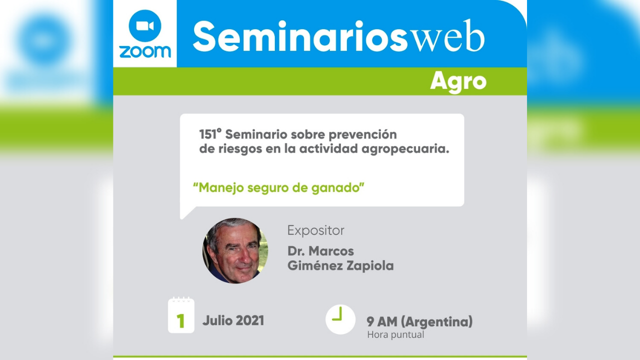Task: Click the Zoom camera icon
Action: pyautogui.click(x=145, y=25)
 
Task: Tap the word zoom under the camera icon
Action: pyautogui.click(x=145, y=51)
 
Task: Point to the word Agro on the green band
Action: pyautogui.click(x=458, y=81)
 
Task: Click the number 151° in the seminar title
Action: pyautogui.click(x=210, y=134)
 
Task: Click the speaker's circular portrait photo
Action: pyautogui.click(x=235, y=250)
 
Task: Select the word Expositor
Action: pyautogui.click(x=315, y=230)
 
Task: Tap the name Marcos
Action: pyautogui.click(x=332, y=251)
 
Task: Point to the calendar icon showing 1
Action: pyautogui.click(x=181, y=315)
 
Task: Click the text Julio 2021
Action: pyautogui.click(x=233, y=320)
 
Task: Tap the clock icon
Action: pyautogui.click(x=340, y=319)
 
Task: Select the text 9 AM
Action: pyautogui.click(x=382, y=321)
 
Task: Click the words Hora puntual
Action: pyautogui.click(x=395, y=334)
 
